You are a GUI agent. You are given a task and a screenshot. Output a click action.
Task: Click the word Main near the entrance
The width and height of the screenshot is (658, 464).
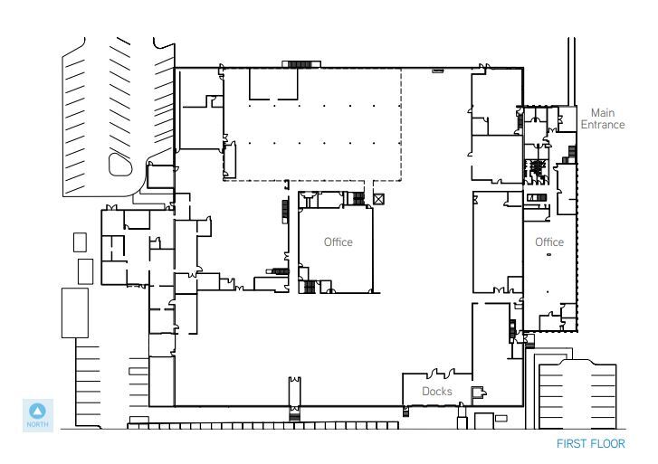pos(603,113)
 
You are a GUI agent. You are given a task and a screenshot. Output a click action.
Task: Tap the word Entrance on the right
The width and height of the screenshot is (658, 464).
pos(603,125)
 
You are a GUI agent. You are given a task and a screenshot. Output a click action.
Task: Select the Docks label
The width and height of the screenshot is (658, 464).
pos(437,392)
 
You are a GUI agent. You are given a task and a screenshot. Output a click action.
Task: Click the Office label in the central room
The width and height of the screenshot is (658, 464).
pos(339,242)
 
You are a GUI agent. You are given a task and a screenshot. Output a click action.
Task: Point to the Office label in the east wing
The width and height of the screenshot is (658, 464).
pos(549,242)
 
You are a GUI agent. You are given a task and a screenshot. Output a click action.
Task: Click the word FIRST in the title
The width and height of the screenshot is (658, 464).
pos(570,443)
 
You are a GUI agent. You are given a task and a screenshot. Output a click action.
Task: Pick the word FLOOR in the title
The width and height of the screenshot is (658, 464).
pos(607,443)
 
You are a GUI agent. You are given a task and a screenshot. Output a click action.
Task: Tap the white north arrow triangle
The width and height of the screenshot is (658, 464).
pos(38,411)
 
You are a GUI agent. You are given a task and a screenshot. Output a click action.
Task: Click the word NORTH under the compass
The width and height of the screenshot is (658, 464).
pos(38,424)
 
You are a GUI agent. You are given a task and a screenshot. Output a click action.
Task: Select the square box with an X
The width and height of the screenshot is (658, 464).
pos(378,199)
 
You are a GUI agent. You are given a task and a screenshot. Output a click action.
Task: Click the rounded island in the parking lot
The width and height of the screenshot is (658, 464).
pos(120,165)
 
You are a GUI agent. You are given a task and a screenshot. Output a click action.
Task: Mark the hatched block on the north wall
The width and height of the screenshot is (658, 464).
pos(301,64)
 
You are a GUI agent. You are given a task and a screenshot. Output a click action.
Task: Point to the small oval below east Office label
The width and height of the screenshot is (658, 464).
pos(548,255)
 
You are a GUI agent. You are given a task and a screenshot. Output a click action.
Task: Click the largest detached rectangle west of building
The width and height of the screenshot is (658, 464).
pos(75,313)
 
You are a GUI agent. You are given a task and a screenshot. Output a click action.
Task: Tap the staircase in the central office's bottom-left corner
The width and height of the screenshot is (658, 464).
pos(310,287)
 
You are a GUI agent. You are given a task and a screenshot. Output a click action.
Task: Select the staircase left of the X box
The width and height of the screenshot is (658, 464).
pos(358,198)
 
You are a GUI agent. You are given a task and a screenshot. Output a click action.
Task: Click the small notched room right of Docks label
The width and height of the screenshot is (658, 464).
pos(479,393)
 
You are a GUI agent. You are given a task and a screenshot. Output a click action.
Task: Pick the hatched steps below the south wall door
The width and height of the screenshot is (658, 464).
pos(294,415)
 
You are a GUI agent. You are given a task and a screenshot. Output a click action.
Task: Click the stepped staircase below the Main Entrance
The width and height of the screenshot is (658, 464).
pos(569,155)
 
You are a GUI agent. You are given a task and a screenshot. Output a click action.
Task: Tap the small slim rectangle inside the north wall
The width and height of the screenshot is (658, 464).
pos(438,71)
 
